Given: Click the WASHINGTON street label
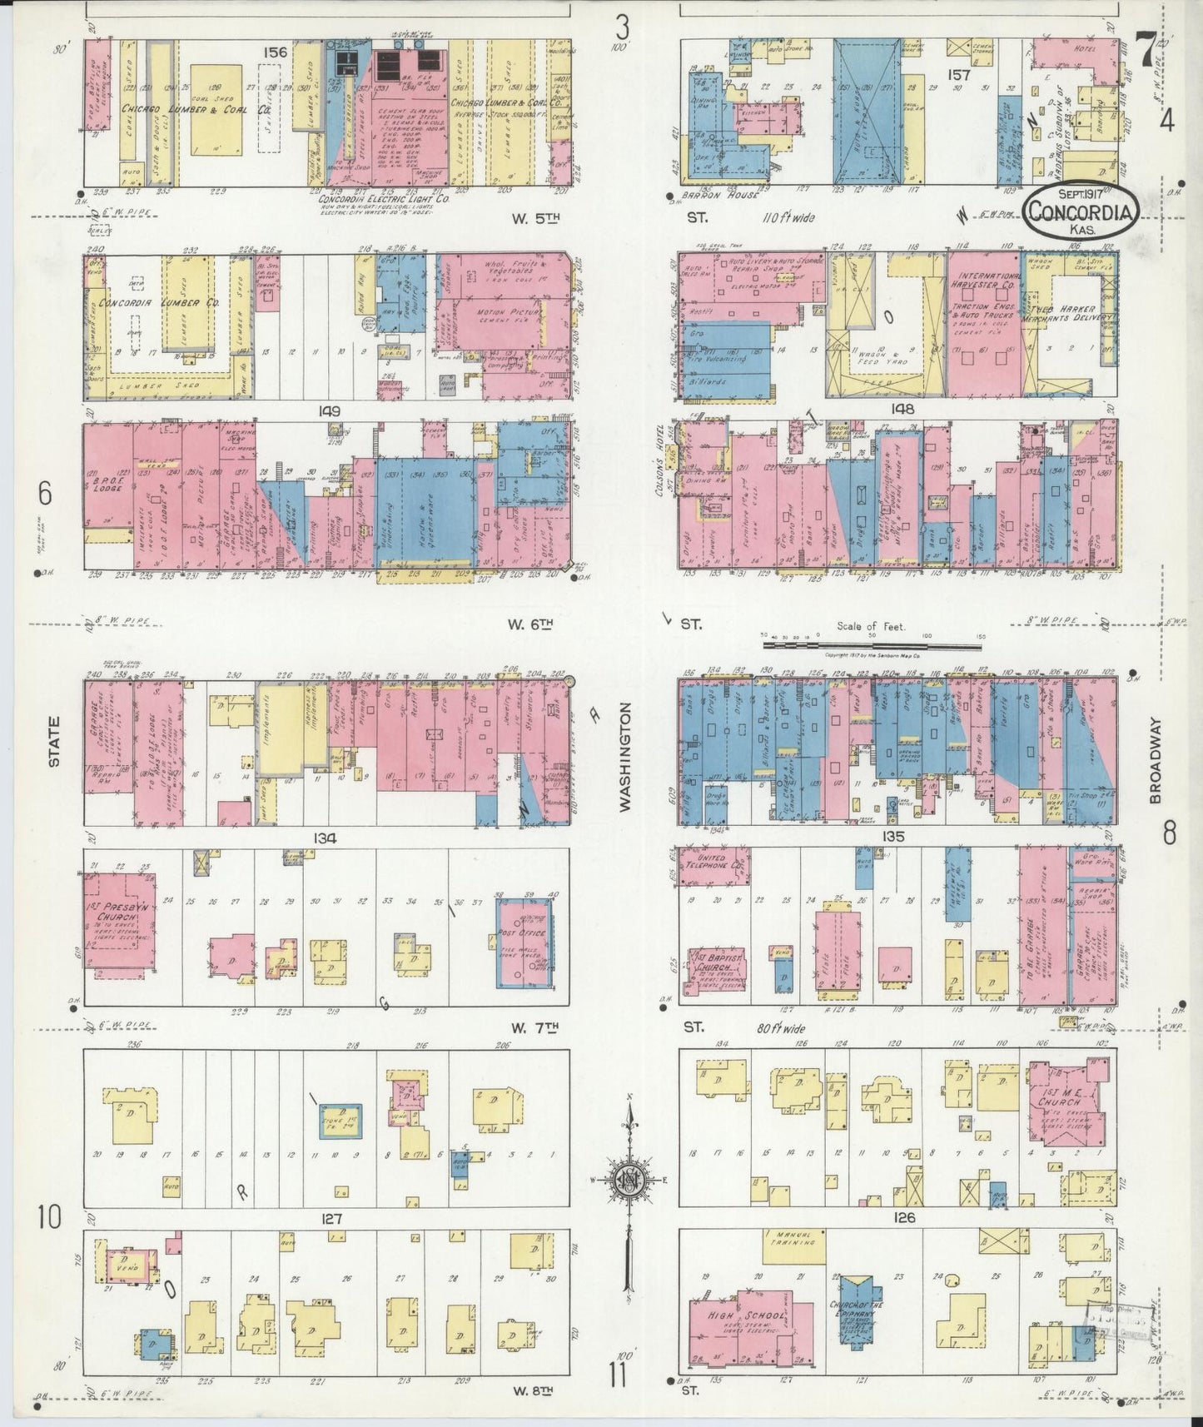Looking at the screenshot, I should click(625, 756).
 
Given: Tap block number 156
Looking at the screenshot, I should click(275, 52).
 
